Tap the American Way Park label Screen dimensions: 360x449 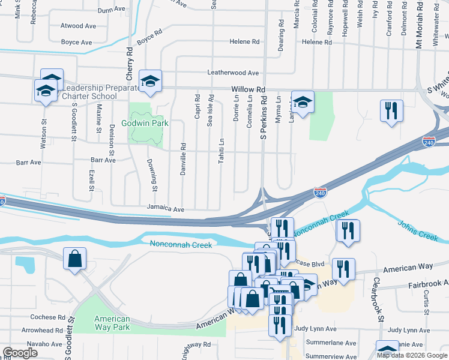113,323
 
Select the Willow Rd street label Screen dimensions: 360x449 248,89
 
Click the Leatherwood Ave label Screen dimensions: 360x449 233,73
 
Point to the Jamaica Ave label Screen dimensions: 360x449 166,209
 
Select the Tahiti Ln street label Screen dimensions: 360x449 221,153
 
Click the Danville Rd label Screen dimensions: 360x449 184,158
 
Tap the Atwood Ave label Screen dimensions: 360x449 78,26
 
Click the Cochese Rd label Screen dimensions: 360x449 48,317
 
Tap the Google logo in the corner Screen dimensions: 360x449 20,353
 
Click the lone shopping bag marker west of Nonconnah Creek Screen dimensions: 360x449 74,260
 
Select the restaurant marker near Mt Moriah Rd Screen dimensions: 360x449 390,111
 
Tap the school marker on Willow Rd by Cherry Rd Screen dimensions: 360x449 151,80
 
